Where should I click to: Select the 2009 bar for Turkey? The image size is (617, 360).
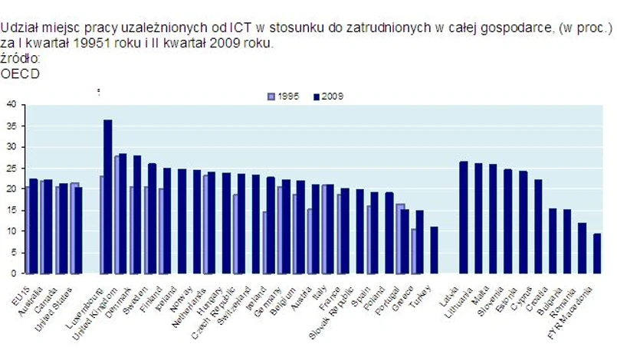click(434, 250)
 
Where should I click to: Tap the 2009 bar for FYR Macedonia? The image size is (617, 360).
click(597, 254)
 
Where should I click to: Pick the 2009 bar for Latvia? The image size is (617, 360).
click(464, 218)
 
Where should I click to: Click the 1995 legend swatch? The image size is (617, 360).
click(271, 97)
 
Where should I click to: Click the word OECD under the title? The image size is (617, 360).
click(21, 74)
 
